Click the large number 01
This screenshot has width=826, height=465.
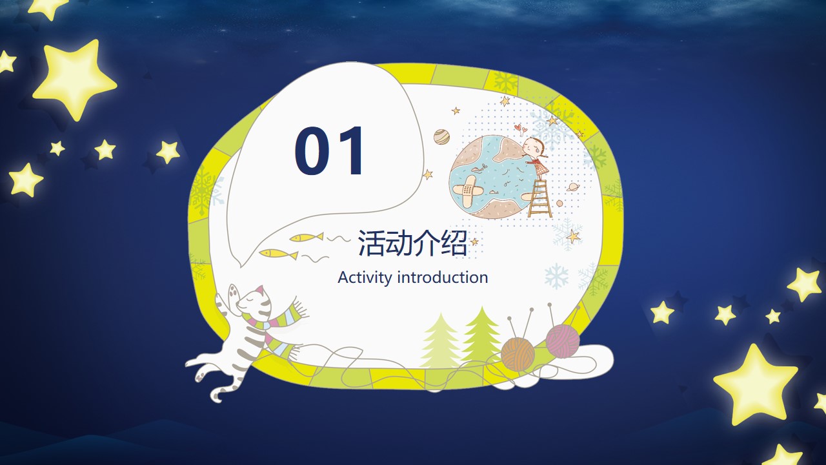(329, 150)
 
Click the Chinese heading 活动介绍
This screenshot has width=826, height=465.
(412, 243)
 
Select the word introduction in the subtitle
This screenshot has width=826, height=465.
(443, 278)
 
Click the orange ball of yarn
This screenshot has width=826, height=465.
(518, 353)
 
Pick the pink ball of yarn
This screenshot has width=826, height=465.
(562, 340)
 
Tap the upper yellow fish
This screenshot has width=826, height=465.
(306, 237)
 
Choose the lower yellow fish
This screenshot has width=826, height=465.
(278, 254)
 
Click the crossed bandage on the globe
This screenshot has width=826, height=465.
(468, 191)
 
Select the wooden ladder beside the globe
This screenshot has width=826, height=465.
(540, 198)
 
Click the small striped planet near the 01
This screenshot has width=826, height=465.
(441, 136)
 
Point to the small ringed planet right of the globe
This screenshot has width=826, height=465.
(573, 187)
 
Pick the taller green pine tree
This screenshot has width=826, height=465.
(481, 335)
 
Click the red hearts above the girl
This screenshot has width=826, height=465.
(521, 129)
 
